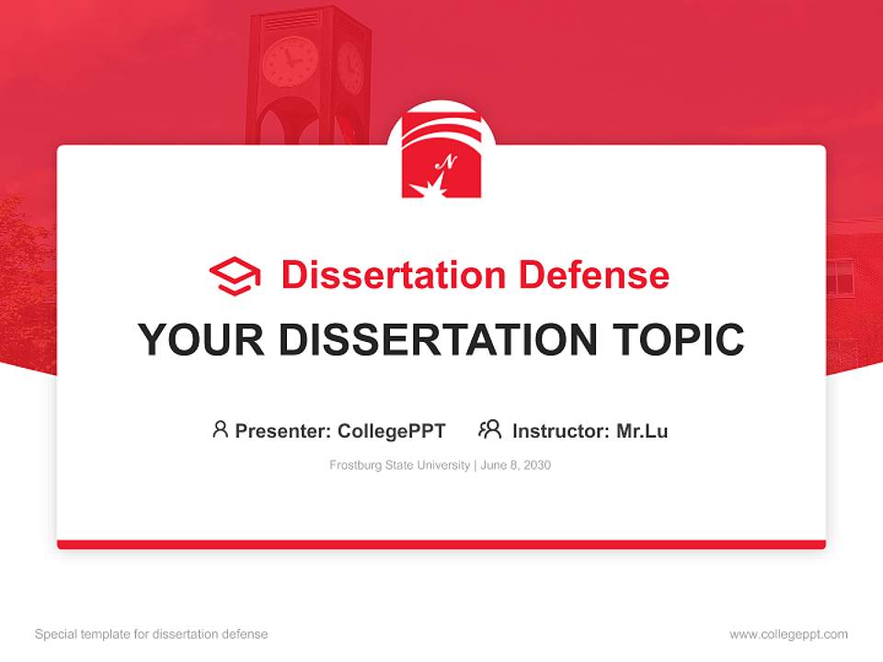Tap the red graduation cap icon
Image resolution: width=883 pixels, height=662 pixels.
(x=235, y=275)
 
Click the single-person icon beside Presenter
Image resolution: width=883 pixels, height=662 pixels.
(x=220, y=429)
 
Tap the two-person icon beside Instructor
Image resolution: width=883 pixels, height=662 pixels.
(x=489, y=429)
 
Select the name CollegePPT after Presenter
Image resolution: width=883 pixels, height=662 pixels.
(x=392, y=430)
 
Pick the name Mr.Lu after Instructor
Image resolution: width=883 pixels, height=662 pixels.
(x=642, y=430)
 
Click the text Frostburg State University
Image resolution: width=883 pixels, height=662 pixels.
(x=400, y=465)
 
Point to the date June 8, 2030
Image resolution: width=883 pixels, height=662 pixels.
(x=516, y=465)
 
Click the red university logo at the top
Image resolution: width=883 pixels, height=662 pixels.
(x=441, y=157)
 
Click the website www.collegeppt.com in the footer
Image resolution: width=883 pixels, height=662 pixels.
(x=788, y=634)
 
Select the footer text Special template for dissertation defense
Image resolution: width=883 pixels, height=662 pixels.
(x=152, y=634)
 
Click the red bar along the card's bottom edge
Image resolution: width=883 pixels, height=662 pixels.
(x=441, y=544)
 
